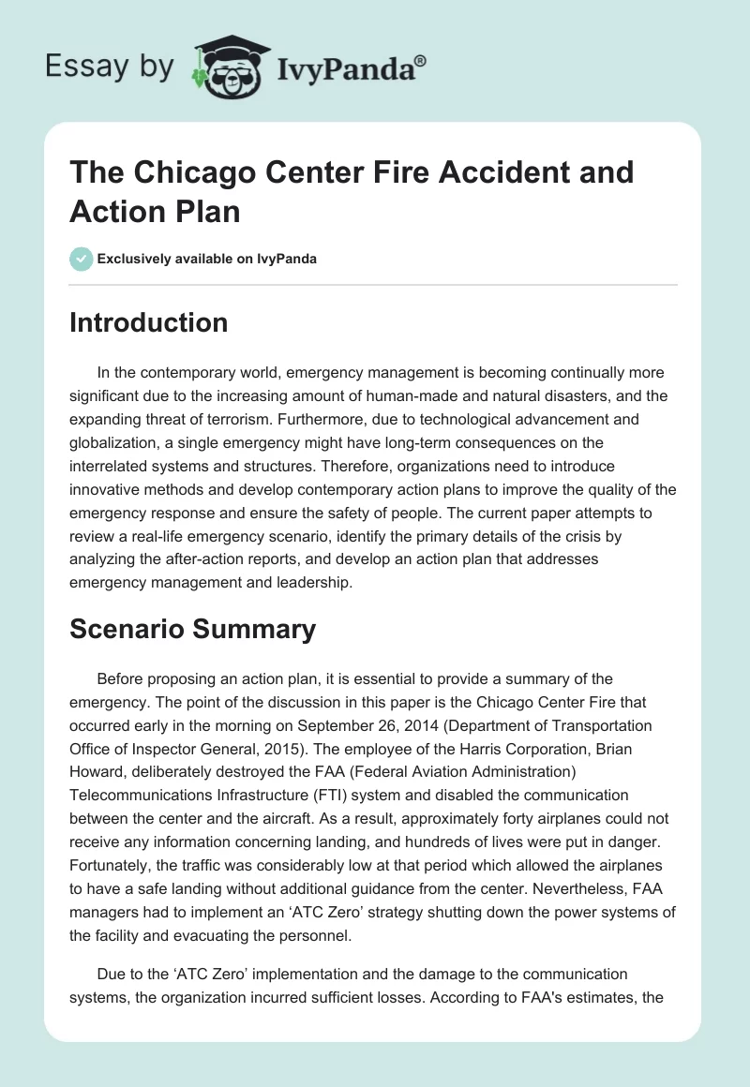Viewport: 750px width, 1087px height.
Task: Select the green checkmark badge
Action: coord(82,259)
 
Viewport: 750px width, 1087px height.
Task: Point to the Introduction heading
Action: coord(149,322)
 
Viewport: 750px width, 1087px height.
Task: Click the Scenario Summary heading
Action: coord(192,630)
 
